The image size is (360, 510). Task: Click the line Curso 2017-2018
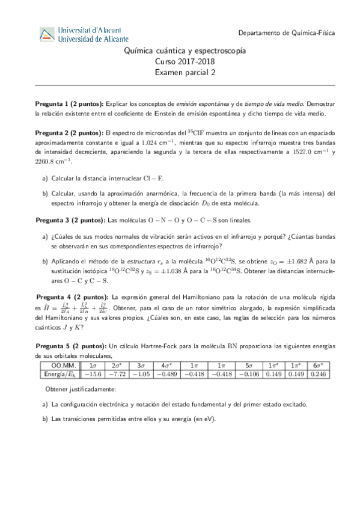click(x=180, y=62)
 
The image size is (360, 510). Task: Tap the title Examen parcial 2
click(x=180, y=73)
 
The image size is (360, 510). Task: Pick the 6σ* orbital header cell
click(x=319, y=365)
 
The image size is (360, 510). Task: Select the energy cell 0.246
click(x=319, y=373)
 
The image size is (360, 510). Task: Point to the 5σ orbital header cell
click(x=249, y=365)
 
